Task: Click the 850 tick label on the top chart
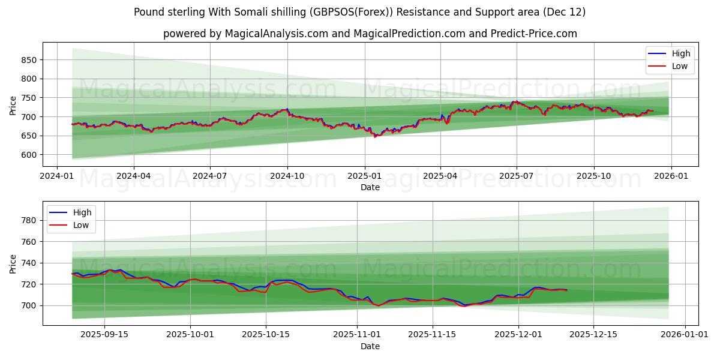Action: pos(29,60)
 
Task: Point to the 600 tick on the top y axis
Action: pos(29,155)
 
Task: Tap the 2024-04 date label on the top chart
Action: pos(133,176)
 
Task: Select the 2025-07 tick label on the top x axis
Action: pos(517,176)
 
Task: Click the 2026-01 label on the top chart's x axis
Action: pos(671,176)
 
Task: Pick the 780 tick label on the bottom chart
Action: pos(29,221)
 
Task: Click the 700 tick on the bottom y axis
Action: pos(29,305)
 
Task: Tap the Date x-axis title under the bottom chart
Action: pos(370,346)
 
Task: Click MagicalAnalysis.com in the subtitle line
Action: pos(269,34)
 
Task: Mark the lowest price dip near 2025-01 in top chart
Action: pos(376,137)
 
